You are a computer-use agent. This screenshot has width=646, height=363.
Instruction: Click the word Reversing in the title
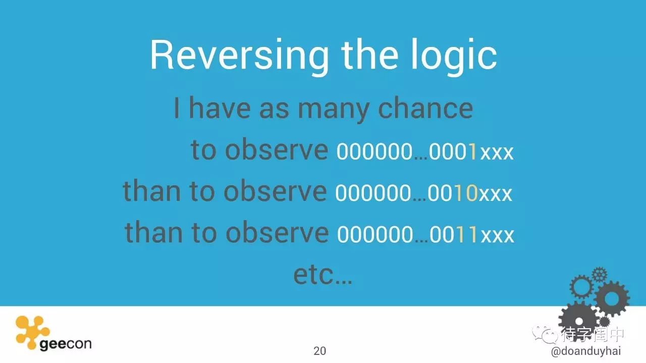coord(240,56)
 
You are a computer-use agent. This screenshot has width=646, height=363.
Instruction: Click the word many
coord(334,111)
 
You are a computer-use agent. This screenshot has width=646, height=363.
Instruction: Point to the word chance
coord(425,108)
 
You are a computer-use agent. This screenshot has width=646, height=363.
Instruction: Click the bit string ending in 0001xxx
coord(425,151)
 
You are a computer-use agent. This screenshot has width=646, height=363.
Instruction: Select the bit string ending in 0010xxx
coord(423,193)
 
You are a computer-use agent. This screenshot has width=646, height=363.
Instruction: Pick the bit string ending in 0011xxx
coord(425,234)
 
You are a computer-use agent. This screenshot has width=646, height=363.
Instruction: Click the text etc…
coord(322,275)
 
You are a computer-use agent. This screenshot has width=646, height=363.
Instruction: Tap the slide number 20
coord(319,351)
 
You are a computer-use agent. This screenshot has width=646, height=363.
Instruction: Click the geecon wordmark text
coord(66,344)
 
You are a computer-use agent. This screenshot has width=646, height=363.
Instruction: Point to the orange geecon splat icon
coord(32,332)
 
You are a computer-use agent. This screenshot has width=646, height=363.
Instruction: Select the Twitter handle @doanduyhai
coord(586,351)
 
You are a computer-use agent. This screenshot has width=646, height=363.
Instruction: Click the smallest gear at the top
coord(600,275)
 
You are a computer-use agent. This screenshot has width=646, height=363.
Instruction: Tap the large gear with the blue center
coord(612,299)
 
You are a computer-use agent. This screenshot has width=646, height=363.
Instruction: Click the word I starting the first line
coord(177,108)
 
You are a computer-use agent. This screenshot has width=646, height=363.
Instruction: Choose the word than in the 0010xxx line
coord(152,190)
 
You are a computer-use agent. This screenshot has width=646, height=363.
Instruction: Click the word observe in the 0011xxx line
coord(277,232)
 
